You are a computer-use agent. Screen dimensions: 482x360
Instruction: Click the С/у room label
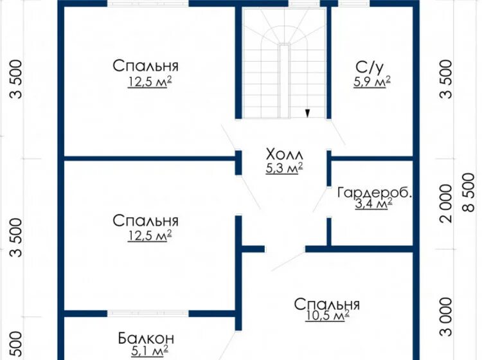pos(370,68)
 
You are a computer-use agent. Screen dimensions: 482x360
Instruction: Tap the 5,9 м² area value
pos(372,82)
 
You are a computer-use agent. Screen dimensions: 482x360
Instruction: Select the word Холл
pos(285,154)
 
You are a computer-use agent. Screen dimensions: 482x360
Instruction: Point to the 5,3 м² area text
pos(285,168)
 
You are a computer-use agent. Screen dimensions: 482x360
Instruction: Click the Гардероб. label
pos(375,193)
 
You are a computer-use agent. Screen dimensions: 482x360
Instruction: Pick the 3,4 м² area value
pos(373,204)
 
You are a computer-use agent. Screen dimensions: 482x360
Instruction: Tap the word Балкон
pos(146,339)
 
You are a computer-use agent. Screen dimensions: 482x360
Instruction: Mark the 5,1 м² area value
pos(150,350)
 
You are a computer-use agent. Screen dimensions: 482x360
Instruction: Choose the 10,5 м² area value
pos(327,316)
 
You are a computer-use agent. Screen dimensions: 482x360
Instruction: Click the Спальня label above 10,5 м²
pos(326,304)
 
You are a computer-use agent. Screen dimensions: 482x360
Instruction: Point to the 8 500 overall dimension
pos(469,192)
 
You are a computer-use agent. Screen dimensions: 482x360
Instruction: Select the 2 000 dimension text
pos(446,204)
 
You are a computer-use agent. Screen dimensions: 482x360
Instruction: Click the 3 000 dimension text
pos(446,317)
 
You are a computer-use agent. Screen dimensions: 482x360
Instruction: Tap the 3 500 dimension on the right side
pos(446,79)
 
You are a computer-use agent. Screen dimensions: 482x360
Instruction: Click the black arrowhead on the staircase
pos(307,113)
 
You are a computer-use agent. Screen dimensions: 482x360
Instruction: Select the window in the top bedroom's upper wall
pos(148,4)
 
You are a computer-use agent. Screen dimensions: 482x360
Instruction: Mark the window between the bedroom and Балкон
pos(148,314)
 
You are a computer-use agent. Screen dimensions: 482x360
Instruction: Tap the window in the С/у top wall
pos(354,4)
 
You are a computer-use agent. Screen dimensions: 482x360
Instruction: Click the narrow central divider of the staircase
pos(285,81)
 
